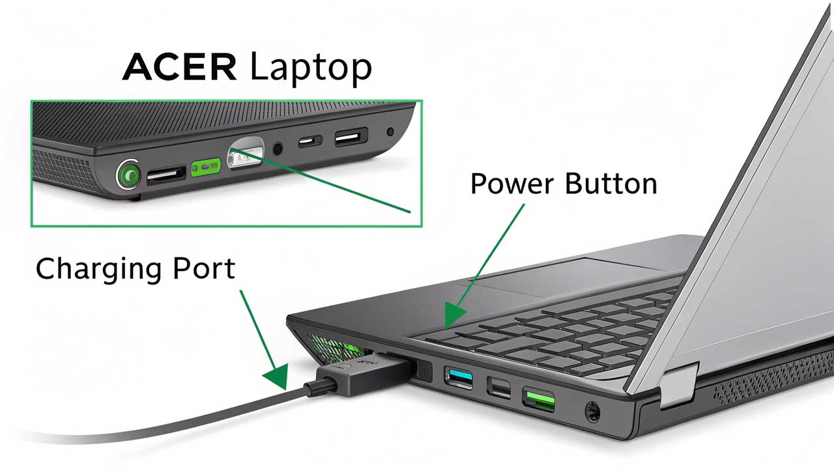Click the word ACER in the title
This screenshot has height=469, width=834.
coord(180,67)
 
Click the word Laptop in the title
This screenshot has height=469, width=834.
coord(311,68)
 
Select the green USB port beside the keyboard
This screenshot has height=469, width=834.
coord(539,397)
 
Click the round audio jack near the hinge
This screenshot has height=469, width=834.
coord(592,412)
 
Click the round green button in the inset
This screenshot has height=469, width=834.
coord(129,175)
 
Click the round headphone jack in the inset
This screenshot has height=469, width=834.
coord(278,148)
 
